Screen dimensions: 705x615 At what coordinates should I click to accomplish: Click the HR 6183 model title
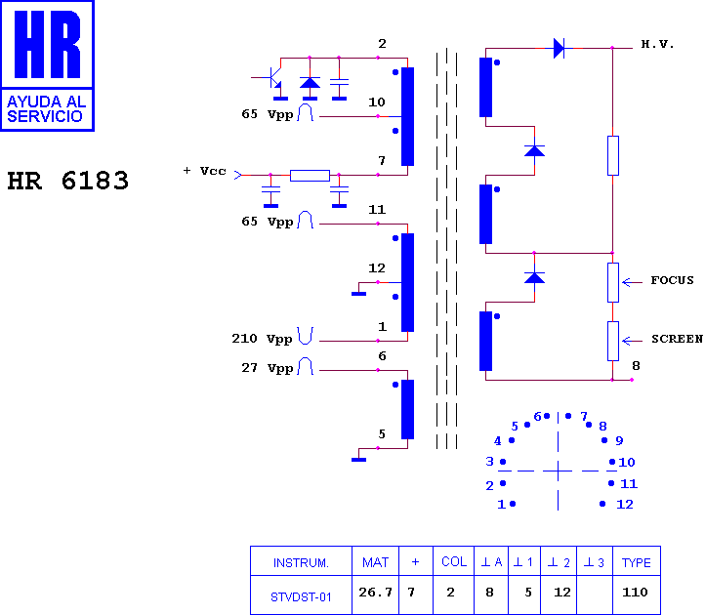pos(68,181)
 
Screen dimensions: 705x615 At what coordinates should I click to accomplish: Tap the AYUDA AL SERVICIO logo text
pos(46,108)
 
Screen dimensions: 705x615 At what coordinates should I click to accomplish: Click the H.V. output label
pos(657,44)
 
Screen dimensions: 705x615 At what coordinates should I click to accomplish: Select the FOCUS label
pos(672,280)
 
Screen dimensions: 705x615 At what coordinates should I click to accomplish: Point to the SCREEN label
pos(677,339)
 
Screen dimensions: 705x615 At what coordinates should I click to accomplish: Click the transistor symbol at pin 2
pos(270,77)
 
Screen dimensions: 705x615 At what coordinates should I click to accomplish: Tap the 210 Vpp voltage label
pos(262,339)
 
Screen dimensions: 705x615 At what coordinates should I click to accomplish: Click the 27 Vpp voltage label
pos(268,368)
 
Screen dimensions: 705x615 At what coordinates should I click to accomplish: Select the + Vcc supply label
pos(205,171)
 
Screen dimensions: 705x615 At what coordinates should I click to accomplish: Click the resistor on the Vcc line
pos(310,176)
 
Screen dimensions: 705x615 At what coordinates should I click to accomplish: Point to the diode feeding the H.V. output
pos(559,48)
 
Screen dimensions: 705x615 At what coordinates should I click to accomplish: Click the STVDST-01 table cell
pos(301,597)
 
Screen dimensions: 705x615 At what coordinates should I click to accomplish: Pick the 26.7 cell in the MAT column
pos(375,593)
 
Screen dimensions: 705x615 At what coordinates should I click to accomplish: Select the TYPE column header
pos(637,562)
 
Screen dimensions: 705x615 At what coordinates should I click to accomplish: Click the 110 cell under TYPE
pos(635,593)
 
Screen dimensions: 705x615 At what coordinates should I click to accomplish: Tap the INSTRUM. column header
pos(301,563)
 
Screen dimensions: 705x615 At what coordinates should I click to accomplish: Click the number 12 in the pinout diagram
pos(625,505)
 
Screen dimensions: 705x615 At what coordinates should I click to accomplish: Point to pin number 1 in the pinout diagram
pos(501,505)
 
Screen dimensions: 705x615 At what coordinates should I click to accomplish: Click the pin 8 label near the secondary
pos(636,366)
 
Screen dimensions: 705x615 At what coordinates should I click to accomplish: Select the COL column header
pos(454,561)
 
